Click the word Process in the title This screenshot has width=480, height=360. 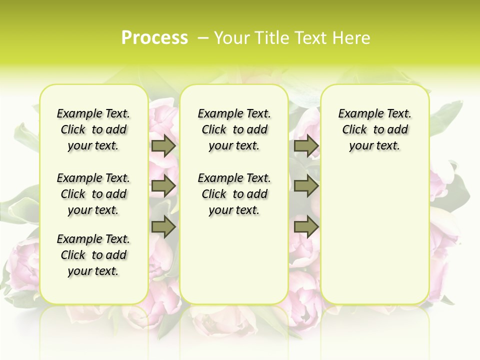(154, 37)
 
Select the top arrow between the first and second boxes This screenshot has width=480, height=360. (163, 146)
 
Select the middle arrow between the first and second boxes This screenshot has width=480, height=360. (163, 186)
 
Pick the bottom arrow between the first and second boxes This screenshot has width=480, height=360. (163, 227)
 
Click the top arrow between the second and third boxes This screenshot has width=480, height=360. (306, 146)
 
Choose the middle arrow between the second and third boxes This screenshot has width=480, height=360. (306, 186)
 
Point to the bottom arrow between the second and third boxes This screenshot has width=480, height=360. (306, 227)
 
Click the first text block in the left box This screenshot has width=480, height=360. (93, 130)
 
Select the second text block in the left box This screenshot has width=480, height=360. (93, 194)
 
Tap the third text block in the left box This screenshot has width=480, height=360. (93, 255)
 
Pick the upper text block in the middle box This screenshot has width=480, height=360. (234, 130)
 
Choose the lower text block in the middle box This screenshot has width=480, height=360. (234, 194)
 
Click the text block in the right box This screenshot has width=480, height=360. (374, 130)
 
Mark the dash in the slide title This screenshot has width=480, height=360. (203, 38)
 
